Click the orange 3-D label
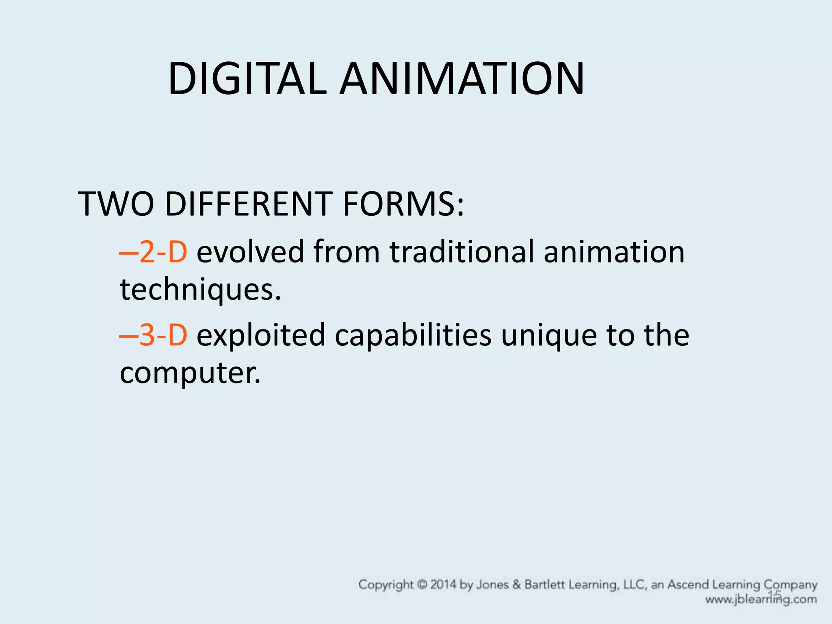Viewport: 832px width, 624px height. coord(163,335)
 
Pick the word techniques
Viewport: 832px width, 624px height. coord(200,290)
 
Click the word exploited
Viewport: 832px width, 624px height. coord(261,335)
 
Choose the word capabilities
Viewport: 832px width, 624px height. coord(413,335)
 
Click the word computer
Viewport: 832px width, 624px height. coord(190,373)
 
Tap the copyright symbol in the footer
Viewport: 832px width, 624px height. coord(422,585)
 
